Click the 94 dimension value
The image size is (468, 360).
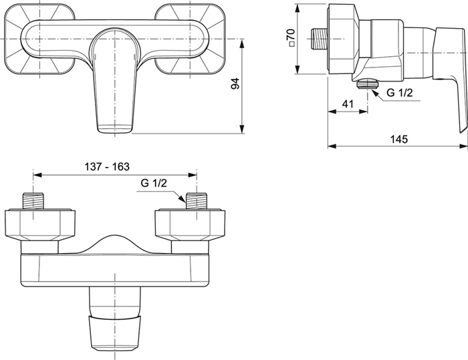tap(235, 83)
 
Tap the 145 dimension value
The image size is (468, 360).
tap(399, 139)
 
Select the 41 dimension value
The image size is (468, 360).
tap(348, 104)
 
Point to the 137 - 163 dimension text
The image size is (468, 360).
tap(107, 166)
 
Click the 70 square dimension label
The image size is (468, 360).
tap(291, 37)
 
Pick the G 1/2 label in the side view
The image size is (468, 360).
tap(400, 93)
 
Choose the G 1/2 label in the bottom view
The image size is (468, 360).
tap(154, 183)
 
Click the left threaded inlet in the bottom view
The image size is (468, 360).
tap(33, 202)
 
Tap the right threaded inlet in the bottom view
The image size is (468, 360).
tap(197, 202)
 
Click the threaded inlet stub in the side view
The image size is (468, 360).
tap(319, 39)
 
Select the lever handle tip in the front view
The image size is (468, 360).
tap(115, 130)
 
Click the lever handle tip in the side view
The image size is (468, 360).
tap(462, 128)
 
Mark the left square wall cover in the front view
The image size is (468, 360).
tap(39, 39)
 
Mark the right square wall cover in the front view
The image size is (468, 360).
tap(191, 39)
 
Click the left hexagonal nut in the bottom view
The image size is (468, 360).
tap(40, 224)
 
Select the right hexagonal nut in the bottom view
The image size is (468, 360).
tap(190, 224)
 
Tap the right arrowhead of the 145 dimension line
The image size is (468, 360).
tap(463, 146)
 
